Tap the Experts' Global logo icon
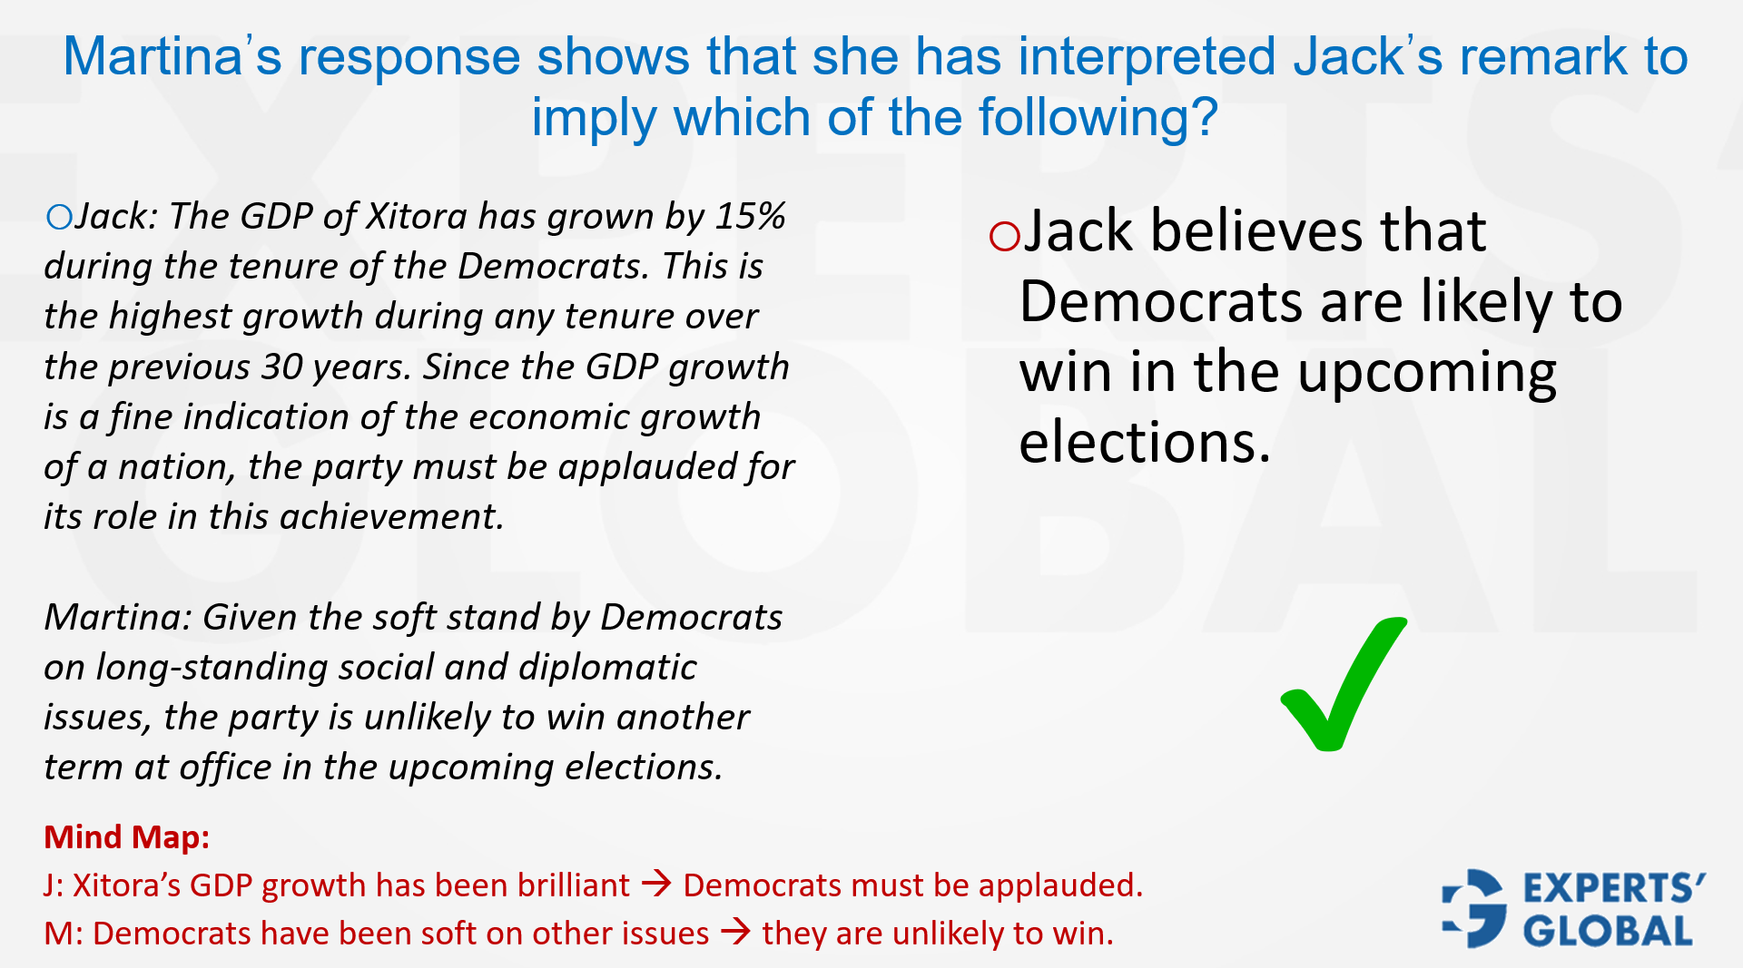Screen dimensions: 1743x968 [x=1473, y=909]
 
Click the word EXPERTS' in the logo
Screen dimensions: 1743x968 [x=1614, y=889]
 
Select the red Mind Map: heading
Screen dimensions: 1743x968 [x=126, y=836]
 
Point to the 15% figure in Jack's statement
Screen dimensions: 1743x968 [x=750, y=216]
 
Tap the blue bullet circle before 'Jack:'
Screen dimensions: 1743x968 [x=59, y=217]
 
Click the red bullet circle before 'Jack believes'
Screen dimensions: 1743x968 [x=1004, y=236]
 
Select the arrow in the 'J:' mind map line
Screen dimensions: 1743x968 [x=656, y=884]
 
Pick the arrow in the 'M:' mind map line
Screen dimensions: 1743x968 [x=736, y=932]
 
